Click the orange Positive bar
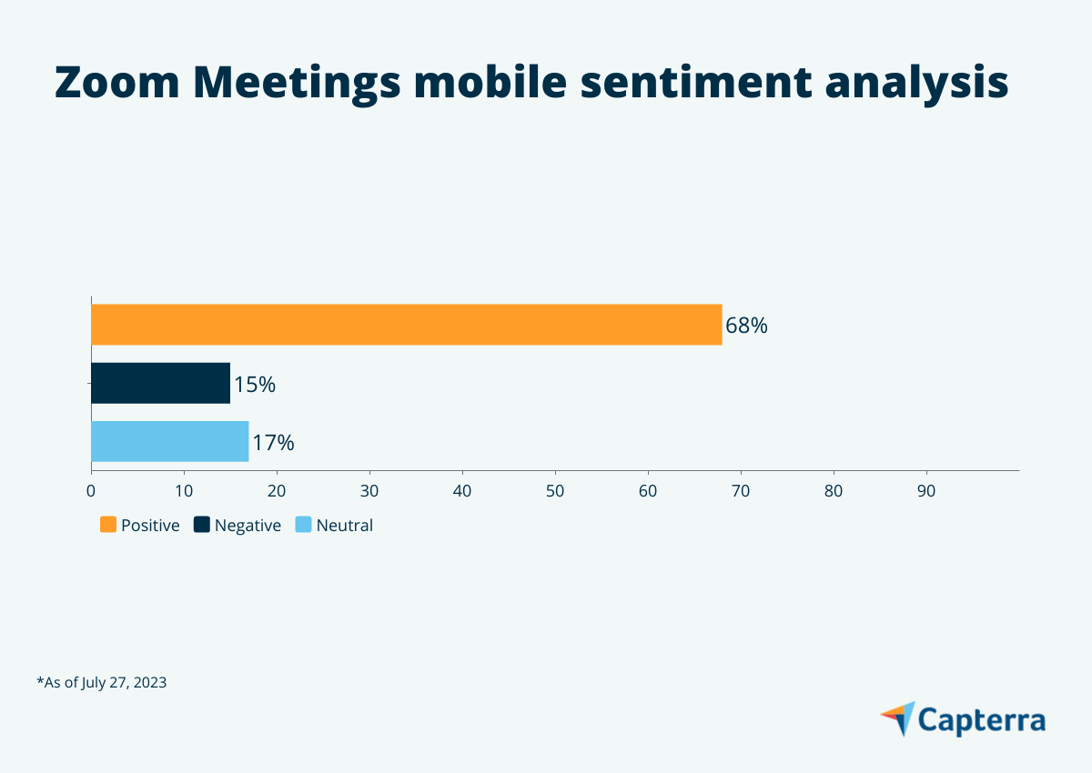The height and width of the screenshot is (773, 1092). point(406,325)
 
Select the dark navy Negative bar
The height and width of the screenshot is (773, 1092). point(160,383)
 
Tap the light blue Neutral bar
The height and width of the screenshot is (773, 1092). point(169,441)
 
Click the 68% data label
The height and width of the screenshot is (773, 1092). point(746,326)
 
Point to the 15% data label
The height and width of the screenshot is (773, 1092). point(255,385)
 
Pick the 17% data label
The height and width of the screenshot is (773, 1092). point(273,443)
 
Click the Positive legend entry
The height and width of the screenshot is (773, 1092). point(140,525)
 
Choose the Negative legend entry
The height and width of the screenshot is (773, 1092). point(238,525)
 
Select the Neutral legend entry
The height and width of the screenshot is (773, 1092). point(334,525)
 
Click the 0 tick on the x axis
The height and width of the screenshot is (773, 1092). point(91,491)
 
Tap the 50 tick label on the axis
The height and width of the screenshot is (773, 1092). point(555,491)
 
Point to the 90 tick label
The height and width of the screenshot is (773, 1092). point(926,491)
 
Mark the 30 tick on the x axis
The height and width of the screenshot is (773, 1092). point(369,491)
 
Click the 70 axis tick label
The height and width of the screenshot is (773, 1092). point(741,491)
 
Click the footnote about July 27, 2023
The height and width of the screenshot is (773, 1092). point(101,682)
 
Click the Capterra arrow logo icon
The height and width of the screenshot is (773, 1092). point(897,718)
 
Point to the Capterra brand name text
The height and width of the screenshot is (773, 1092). point(981,719)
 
